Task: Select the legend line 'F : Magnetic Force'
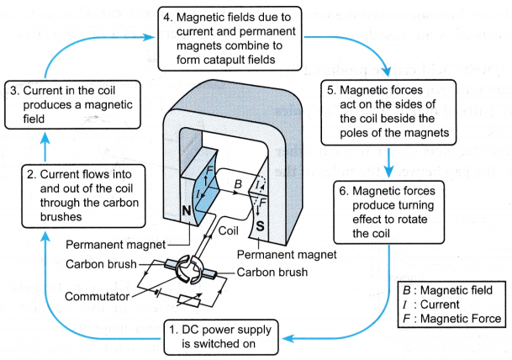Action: pyautogui.click(x=452, y=318)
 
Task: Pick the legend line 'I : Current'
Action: pyautogui.click(x=436, y=304)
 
